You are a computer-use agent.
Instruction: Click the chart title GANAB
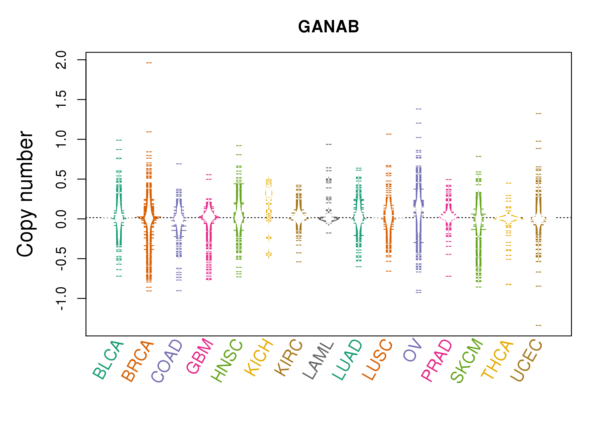pyautogui.click(x=328, y=27)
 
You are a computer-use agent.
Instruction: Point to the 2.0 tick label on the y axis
pyautogui.click(x=61, y=60)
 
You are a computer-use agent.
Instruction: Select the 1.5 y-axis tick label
pyautogui.click(x=61, y=100)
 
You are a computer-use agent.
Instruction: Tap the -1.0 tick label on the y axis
pyautogui.click(x=61, y=299)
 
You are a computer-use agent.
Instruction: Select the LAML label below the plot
pyautogui.click(x=318, y=360)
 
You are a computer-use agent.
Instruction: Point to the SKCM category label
pyautogui.click(x=466, y=360)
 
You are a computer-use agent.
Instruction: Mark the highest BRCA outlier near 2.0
pyautogui.click(x=149, y=63)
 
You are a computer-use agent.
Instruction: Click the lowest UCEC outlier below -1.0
pyautogui.click(x=538, y=326)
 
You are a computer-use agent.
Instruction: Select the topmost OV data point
pyautogui.click(x=419, y=109)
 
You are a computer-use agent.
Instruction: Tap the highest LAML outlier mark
pyautogui.click(x=329, y=144)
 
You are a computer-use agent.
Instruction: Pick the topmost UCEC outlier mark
pyautogui.click(x=538, y=114)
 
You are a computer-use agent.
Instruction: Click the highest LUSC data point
pyautogui.click(x=389, y=134)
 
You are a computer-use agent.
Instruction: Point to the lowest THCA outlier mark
pyautogui.click(x=509, y=285)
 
